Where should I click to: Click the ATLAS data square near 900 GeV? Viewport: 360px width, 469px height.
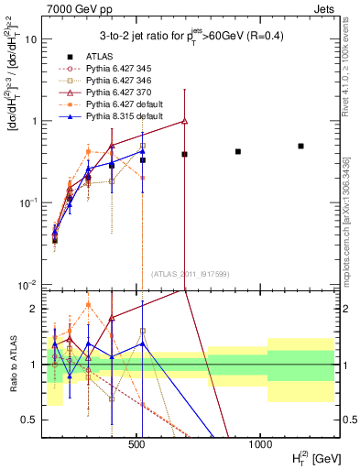[x=238, y=151]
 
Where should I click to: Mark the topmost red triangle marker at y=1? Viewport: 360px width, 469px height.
[x=185, y=121]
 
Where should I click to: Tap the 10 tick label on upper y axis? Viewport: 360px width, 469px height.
[x=30, y=40]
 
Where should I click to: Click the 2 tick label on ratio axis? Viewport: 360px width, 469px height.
[x=34, y=309]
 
